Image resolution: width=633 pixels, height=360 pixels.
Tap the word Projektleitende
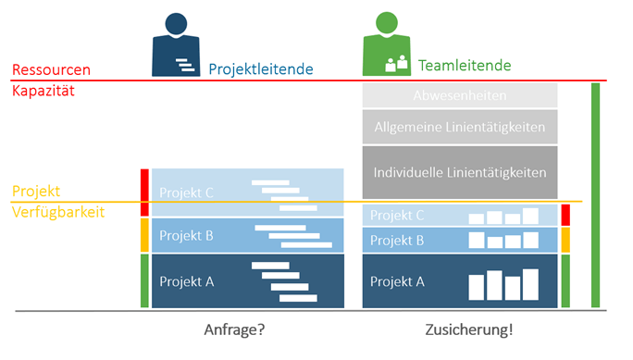[261, 68]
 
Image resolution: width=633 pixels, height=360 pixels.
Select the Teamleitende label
[465, 66]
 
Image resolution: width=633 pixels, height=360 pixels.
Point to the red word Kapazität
[43, 92]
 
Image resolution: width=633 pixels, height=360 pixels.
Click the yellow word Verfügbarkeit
[58, 212]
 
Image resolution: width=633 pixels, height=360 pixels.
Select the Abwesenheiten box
[460, 94]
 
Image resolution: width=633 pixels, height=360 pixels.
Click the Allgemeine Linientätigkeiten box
[460, 127]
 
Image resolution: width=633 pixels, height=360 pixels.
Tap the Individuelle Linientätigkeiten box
[460, 172]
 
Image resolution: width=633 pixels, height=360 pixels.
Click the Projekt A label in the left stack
[187, 281]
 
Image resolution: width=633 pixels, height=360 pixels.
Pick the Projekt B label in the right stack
[397, 241]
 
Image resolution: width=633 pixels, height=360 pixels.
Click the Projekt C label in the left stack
[187, 192]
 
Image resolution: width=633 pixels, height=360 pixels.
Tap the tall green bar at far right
[595, 194]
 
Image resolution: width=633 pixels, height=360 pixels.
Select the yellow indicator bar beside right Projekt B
[565, 241]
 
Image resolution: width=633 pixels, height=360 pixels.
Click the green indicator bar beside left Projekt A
[144, 281]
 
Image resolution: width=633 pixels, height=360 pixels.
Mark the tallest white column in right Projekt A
[530, 284]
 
